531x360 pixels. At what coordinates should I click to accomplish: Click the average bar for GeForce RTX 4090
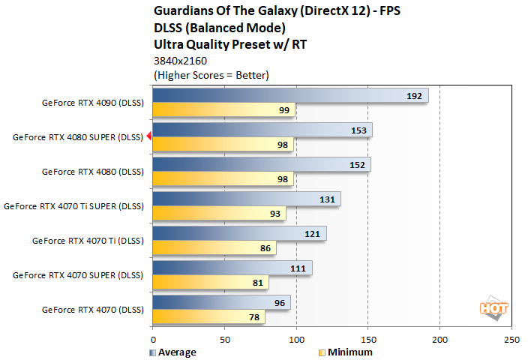[289, 95]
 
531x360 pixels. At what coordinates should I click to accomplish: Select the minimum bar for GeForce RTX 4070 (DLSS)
[208, 316]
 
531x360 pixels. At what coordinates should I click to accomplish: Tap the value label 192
[415, 95]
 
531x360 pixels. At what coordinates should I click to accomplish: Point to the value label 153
[358, 130]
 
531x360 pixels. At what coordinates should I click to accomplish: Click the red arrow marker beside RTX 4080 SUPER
[149, 136]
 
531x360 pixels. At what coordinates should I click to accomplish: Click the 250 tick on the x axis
[511, 338]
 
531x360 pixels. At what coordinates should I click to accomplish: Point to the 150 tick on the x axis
[367, 338]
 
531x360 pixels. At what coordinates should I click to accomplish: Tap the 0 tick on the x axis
[153, 338]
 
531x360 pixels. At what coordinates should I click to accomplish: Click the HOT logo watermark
[490, 307]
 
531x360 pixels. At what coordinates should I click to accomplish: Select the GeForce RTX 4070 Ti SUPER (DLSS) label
[73, 205]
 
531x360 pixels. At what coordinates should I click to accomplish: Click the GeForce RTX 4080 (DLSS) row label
[92, 171]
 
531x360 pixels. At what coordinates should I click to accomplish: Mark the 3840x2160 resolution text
[180, 61]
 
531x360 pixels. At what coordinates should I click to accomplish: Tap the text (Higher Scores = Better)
[211, 75]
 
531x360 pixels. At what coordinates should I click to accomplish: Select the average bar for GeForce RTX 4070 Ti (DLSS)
[238, 233]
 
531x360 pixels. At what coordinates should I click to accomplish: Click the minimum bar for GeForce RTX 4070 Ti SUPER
[219, 213]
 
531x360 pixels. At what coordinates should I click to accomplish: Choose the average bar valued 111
[232, 268]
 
